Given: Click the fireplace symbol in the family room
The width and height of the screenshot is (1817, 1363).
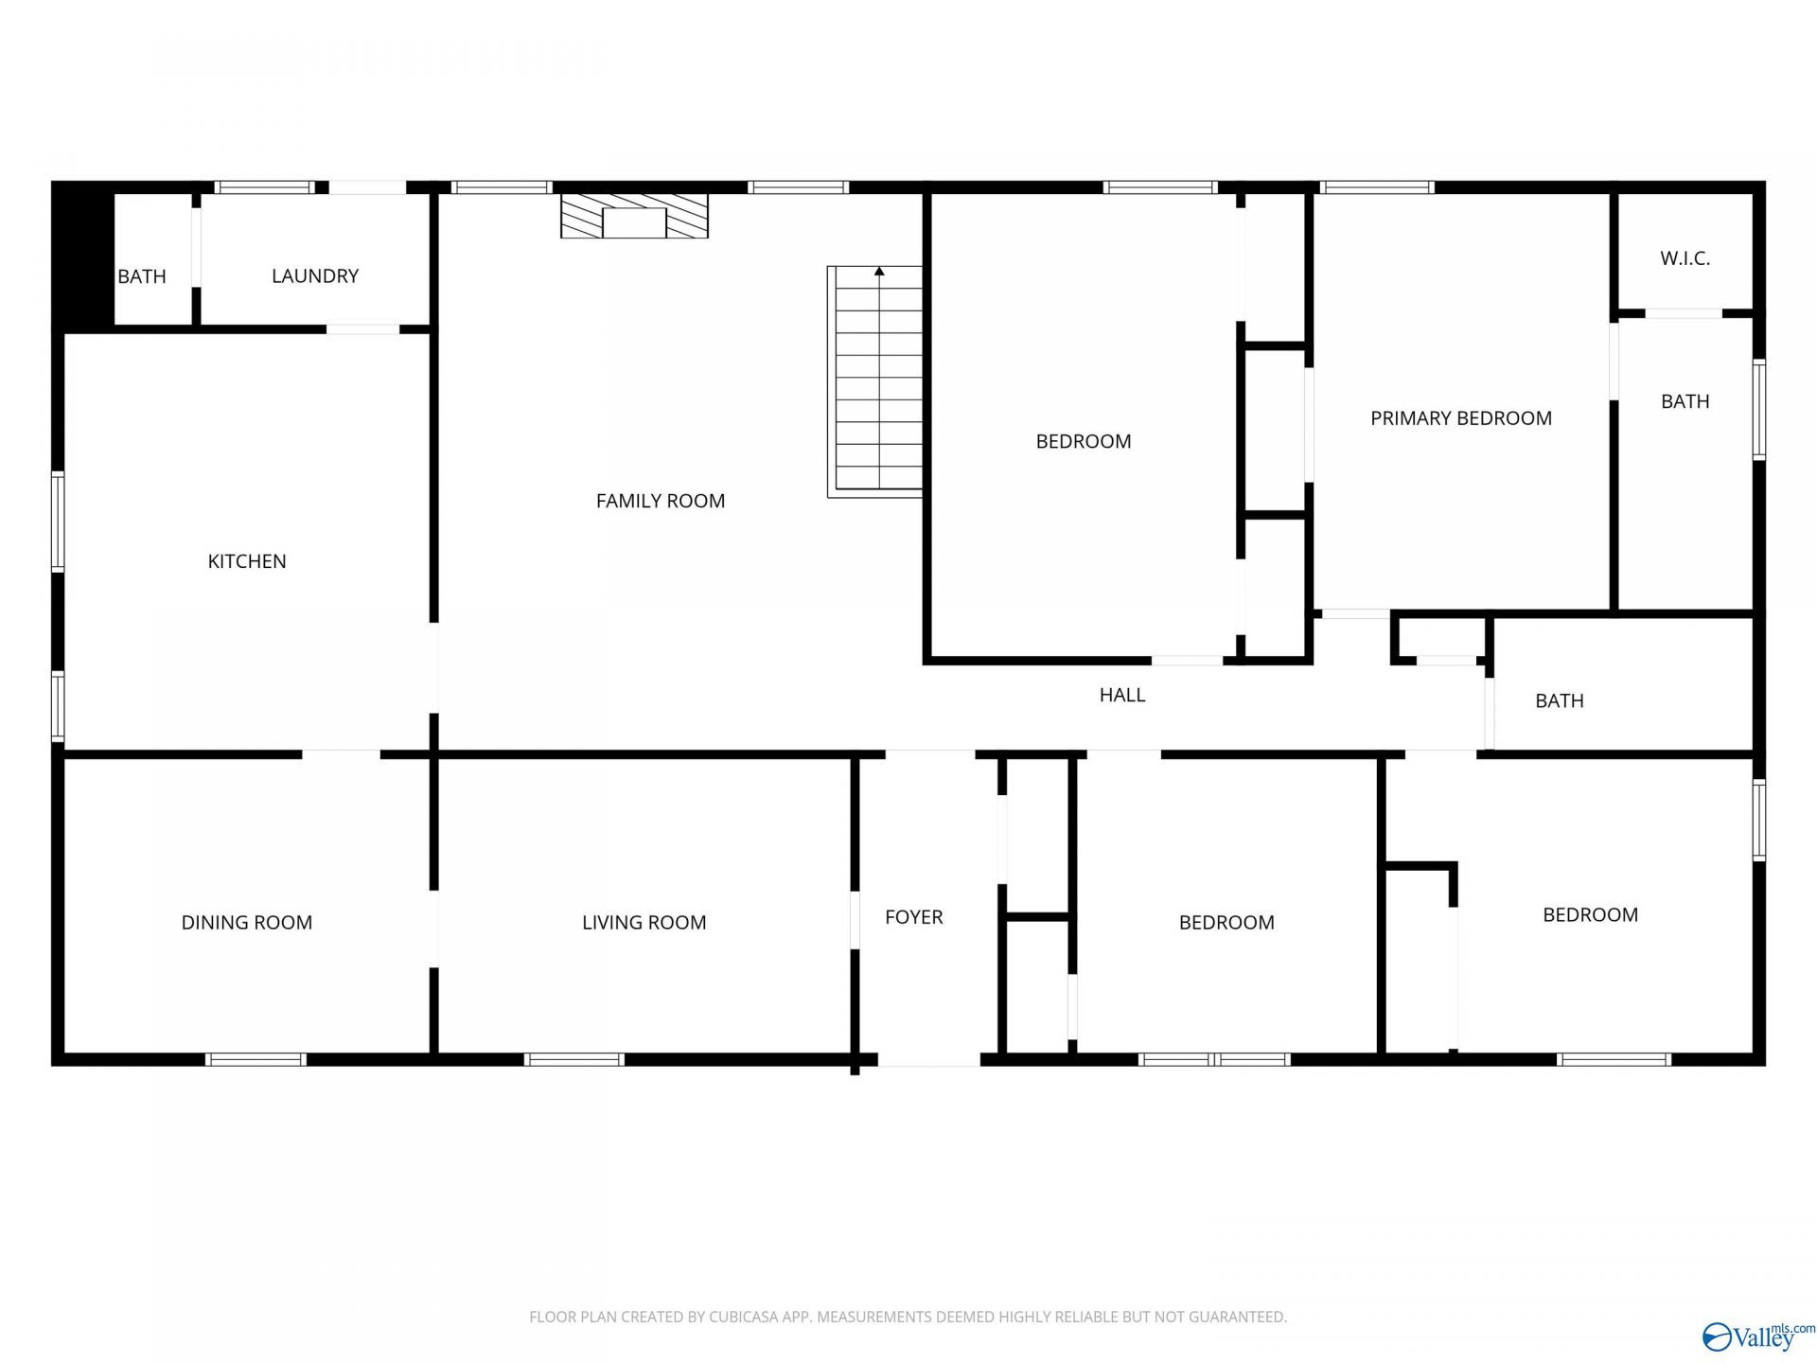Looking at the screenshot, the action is coord(634,216).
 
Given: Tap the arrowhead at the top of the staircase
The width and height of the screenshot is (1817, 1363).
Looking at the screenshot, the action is coord(879,272).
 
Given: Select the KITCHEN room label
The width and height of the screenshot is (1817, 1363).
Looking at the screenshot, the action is coord(247,561).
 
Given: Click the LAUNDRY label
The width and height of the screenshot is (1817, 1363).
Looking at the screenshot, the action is coord(315,276).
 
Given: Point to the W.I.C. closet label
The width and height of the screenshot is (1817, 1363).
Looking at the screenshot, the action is coord(1685,258).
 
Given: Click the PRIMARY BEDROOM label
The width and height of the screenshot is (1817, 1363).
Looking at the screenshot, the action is coord(1461,418).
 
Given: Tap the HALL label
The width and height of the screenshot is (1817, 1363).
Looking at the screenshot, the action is coord(1122,695).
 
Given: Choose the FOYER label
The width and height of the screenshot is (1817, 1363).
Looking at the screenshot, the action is coord(914,917).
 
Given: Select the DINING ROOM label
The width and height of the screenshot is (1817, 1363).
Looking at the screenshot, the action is coord(247,923).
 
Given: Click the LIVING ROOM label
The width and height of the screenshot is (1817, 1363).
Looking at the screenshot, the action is coord(644,923).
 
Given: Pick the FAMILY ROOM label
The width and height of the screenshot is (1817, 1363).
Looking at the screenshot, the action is coord(661,501).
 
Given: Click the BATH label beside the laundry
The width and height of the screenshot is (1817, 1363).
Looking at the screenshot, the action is coord(142,276).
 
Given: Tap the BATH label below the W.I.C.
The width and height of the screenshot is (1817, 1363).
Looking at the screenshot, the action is coord(1685,401).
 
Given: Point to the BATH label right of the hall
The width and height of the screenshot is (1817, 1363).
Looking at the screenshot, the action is coord(1560,701).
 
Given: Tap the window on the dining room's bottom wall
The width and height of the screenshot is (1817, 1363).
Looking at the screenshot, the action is coord(256,1059).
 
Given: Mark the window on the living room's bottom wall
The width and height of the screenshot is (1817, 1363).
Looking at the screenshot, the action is coord(574,1059).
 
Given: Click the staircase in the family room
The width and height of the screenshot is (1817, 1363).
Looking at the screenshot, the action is coord(875,381).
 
